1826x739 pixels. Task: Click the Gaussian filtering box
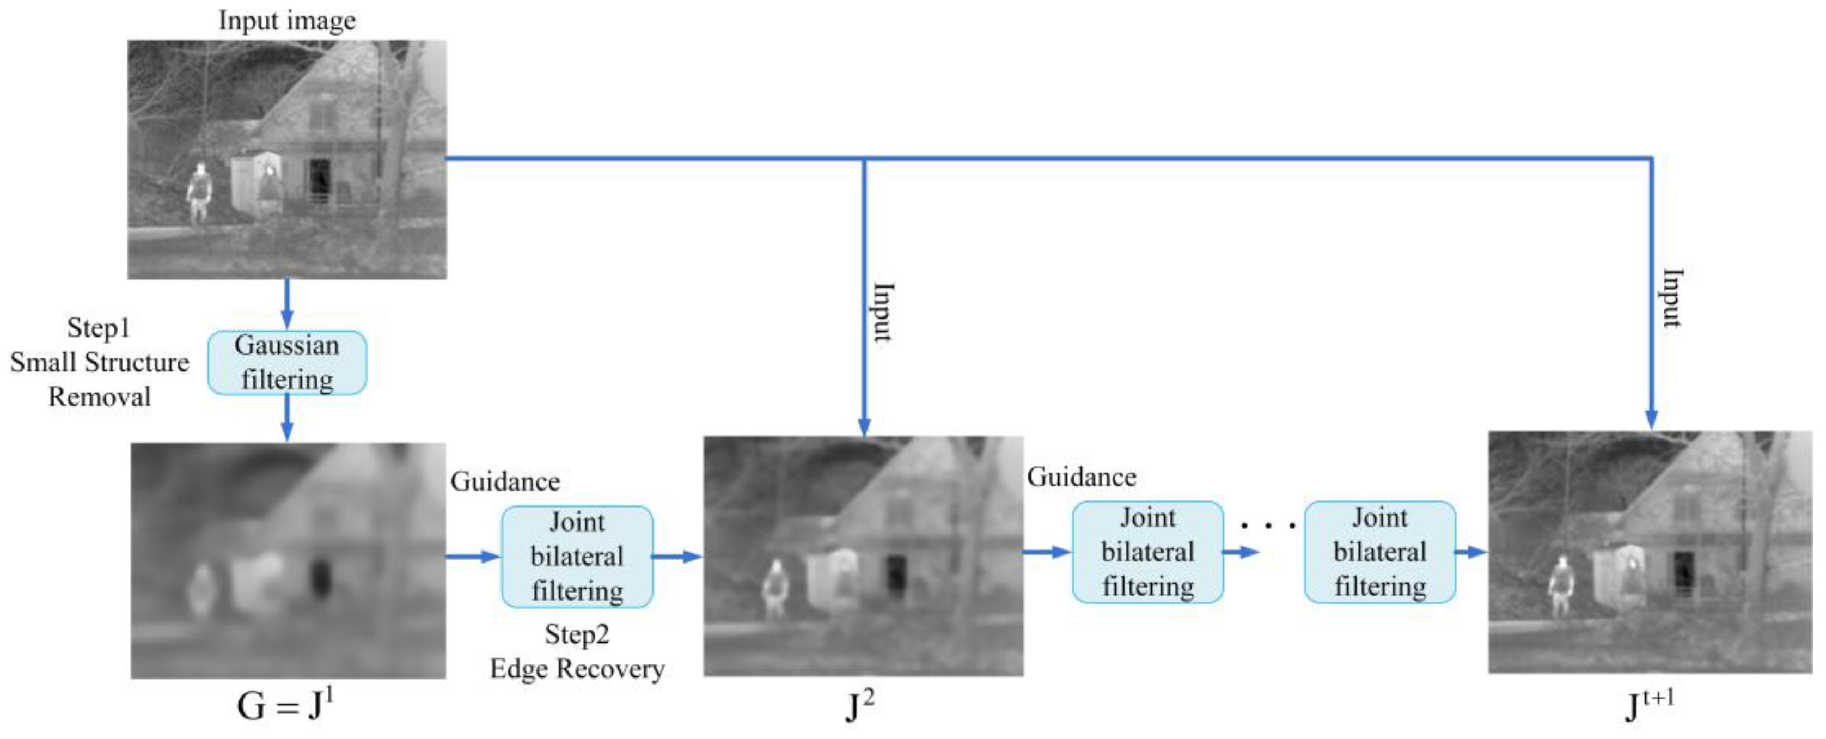[x=286, y=362]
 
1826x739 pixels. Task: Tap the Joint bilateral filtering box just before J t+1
[x=1379, y=552]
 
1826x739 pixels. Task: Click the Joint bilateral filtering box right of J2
[x=1147, y=552]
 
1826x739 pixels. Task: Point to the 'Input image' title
[x=287, y=20]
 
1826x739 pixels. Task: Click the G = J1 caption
[x=285, y=705]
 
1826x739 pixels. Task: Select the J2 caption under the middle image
[x=860, y=706]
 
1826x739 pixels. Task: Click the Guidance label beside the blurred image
[x=505, y=482]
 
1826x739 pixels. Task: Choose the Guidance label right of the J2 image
[x=1081, y=477]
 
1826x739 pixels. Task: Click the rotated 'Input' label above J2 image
[x=883, y=312]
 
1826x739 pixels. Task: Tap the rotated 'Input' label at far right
[x=1671, y=297]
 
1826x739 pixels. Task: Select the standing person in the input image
[x=199, y=193]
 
